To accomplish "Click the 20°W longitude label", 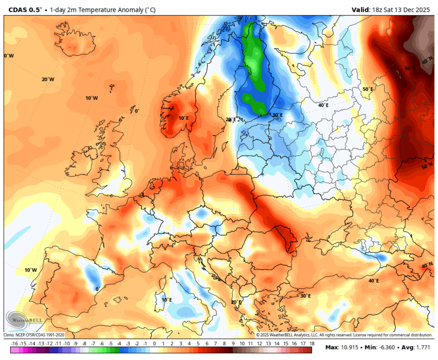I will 48,80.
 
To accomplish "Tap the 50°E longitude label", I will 368,89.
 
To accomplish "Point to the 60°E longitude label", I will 410,68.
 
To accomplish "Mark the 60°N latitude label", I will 427,61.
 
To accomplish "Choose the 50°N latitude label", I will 427,167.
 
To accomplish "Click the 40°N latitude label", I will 427,265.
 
